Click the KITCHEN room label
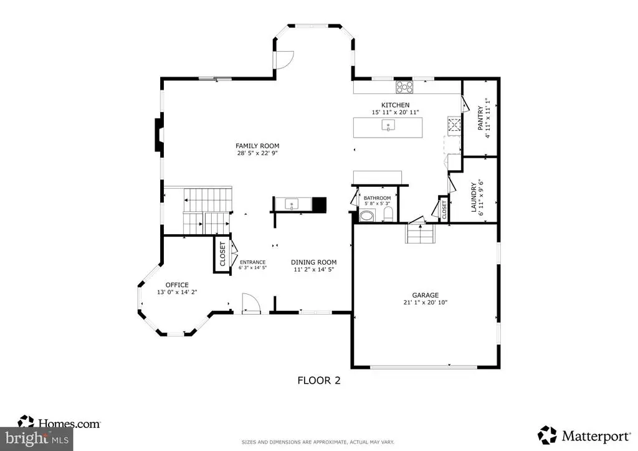(395, 105)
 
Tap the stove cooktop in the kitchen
(405, 87)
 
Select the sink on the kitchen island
(388, 125)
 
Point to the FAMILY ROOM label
(257, 146)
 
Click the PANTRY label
(480, 118)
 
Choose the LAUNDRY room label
(474, 197)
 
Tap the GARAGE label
(425, 295)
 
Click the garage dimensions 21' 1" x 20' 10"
(425, 303)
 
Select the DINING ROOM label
(314, 262)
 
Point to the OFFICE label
(177, 285)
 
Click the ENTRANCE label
(252, 262)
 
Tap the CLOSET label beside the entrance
(222, 254)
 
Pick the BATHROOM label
(377, 198)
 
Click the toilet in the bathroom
(388, 214)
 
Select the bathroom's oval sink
(368, 216)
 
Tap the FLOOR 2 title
(319, 380)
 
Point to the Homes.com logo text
(69, 424)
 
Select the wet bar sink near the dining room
(292, 204)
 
